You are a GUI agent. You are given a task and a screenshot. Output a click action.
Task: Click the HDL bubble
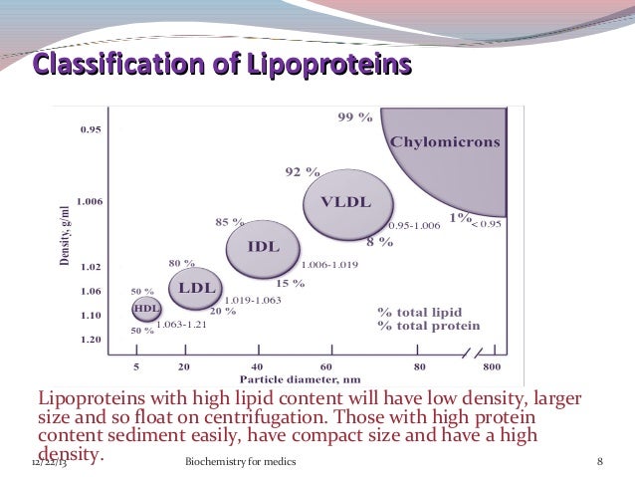146,309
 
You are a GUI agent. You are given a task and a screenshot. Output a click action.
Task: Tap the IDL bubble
263,246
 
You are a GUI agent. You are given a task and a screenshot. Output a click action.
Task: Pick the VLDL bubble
344,202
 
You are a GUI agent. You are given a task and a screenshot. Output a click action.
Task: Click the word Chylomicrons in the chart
445,141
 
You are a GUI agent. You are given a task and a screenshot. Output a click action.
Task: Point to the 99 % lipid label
355,117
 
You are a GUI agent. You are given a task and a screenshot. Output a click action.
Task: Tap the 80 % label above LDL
180,263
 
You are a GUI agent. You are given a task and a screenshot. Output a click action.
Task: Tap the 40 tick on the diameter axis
257,365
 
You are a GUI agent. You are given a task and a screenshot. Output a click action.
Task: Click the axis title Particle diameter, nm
298,379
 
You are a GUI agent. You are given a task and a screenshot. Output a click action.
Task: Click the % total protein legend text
429,326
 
